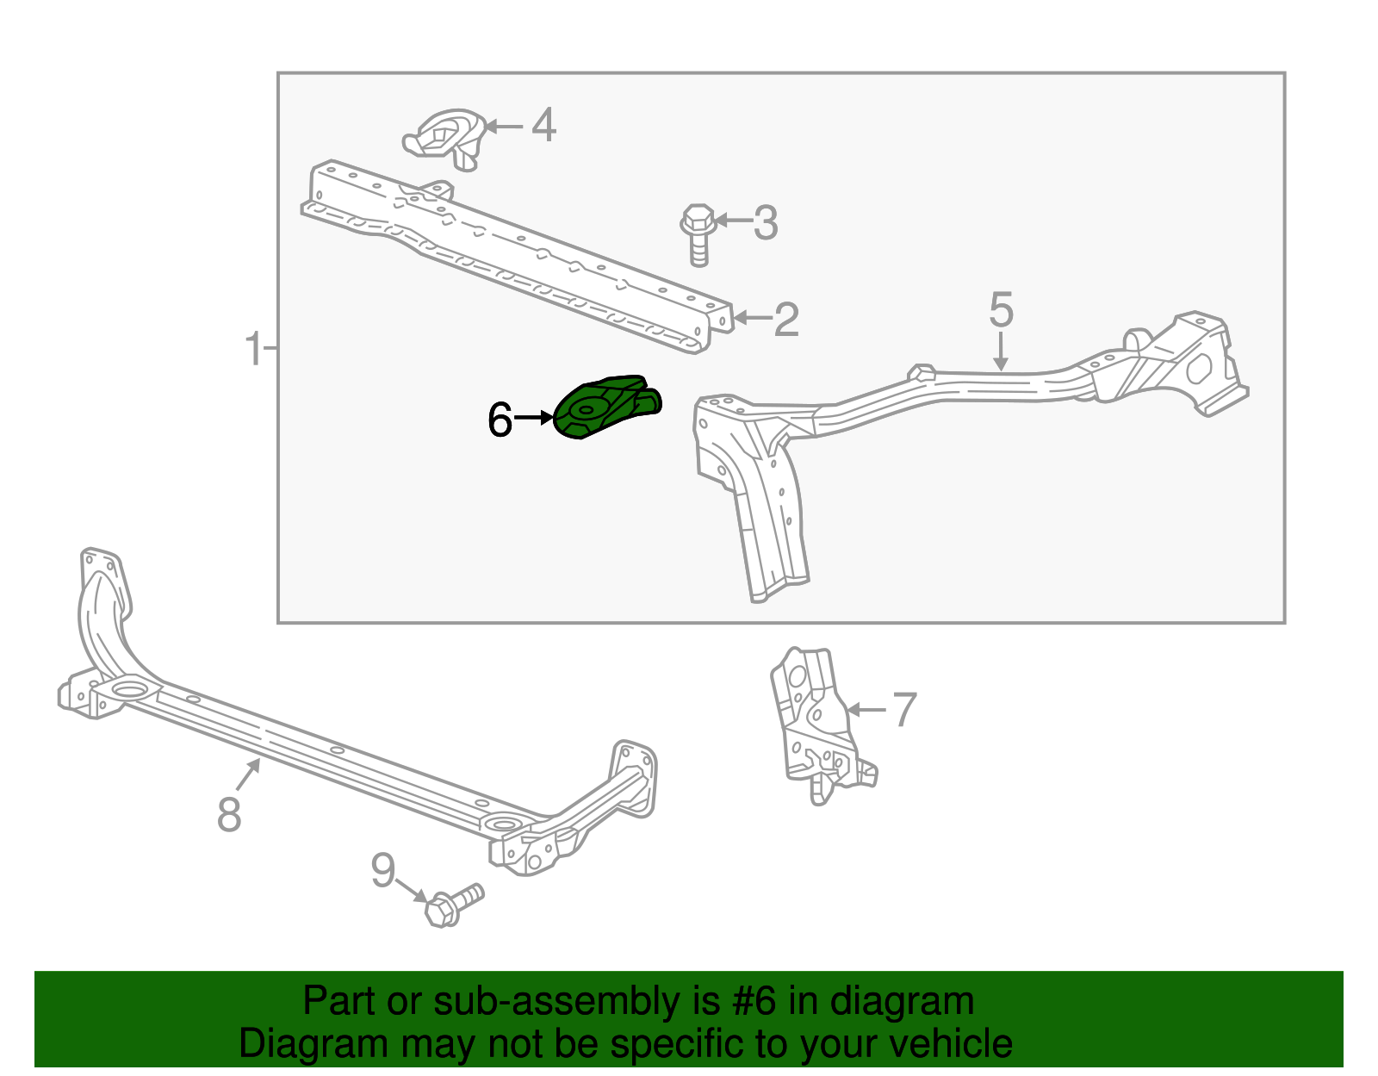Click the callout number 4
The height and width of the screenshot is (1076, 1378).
tap(543, 126)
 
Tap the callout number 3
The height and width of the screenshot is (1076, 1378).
tap(766, 222)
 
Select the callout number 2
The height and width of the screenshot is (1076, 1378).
tap(786, 320)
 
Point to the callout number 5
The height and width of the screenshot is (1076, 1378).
tap(1001, 310)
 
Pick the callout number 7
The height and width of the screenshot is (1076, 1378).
tap(904, 710)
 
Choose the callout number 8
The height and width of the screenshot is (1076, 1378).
tap(229, 813)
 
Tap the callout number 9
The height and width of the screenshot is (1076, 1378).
tap(383, 871)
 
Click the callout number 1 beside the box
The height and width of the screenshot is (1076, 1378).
tap(253, 349)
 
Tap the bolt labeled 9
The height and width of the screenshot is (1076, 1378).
tap(451, 905)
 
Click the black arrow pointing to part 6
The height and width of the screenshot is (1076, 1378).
tap(534, 419)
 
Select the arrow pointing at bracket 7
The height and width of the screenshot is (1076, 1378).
tap(866, 710)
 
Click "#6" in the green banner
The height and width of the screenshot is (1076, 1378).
tap(754, 1002)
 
